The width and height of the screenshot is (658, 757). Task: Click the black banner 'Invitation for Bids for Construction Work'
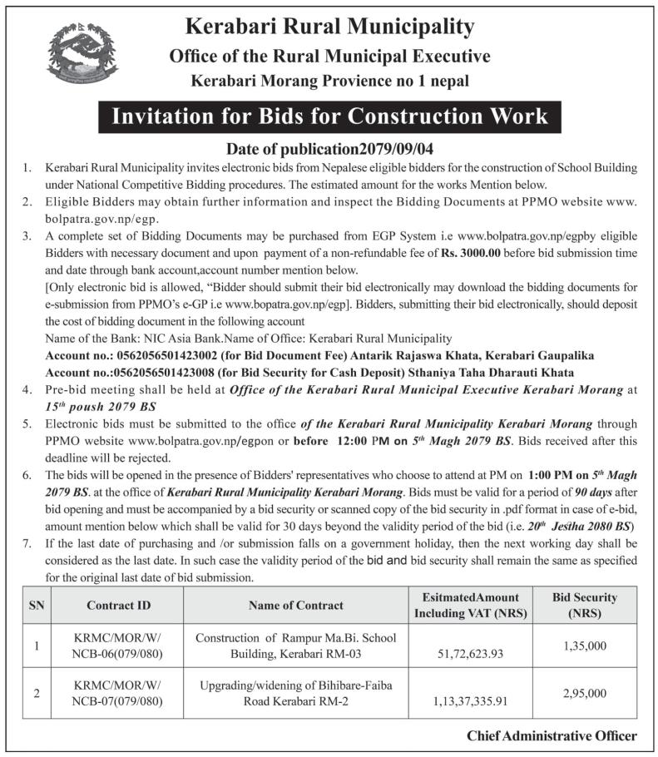[x=329, y=116]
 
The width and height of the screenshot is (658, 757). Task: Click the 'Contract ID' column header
[x=117, y=605]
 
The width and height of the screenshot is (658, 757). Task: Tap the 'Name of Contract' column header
[x=295, y=605]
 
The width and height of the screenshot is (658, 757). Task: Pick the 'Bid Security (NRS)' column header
[x=585, y=605]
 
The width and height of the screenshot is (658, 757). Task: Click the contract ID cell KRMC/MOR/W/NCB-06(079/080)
[x=117, y=645]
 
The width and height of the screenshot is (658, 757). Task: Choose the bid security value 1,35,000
[x=585, y=643]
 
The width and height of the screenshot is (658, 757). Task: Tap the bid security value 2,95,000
[x=585, y=692]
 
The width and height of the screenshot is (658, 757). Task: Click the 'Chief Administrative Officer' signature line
[x=552, y=735]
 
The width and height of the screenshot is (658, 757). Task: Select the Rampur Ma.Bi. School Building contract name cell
[x=295, y=645]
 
